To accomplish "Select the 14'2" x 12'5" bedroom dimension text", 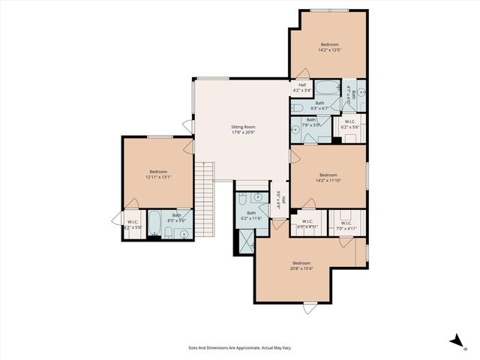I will coord(330,50).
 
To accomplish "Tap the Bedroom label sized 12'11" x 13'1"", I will coord(157,172).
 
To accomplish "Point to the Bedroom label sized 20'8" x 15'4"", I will coord(301,262).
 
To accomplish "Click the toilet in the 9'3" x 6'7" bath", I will coord(297,108).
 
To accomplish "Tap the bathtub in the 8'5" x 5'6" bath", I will coord(154,223).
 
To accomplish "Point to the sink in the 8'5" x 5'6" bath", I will coord(183,232).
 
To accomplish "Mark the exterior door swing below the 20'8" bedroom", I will coord(309,308).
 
